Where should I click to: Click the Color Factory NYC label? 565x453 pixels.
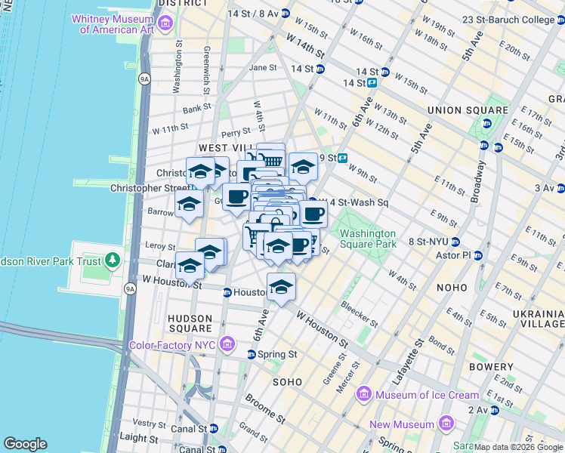pos(173,345)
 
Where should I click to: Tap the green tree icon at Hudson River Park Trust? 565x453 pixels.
pos(113,260)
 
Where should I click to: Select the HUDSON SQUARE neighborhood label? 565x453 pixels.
pos(190,323)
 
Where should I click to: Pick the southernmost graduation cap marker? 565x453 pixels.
pos(281,288)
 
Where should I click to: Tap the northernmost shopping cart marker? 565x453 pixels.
pos(270,159)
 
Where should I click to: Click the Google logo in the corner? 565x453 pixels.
pos(25,444)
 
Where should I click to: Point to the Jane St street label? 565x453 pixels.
pos(263,67)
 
